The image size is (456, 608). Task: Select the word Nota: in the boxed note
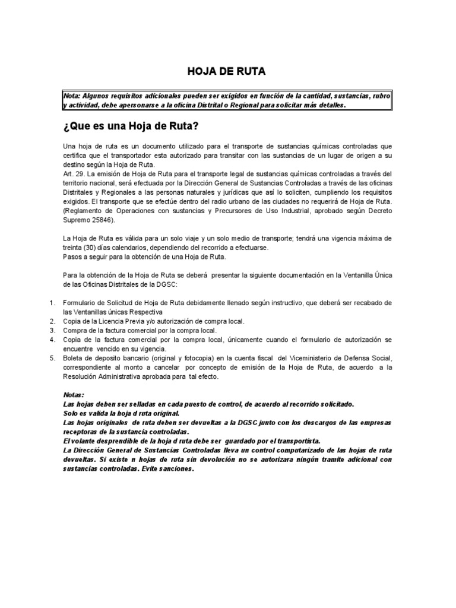coord(72,96)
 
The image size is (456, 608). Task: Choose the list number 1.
coord(52,303)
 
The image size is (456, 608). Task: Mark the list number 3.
coord(52,330)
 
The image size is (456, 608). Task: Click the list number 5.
coord(52,359)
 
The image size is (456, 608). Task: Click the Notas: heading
coord(74,395)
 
